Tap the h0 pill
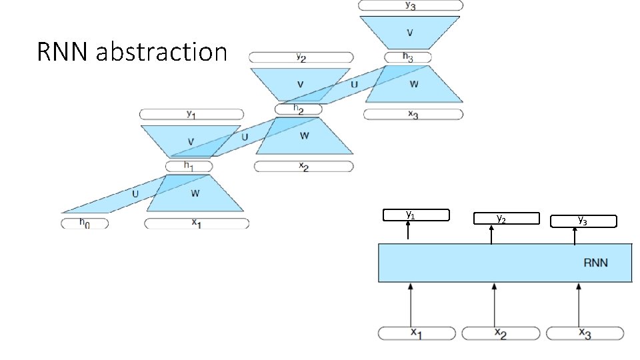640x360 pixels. point(85,223)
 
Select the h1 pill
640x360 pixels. point(189,166)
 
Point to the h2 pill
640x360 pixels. point(298,109)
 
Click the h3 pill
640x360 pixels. point(408,57)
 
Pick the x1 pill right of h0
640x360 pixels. point(197,223)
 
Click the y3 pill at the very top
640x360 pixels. point(411,5)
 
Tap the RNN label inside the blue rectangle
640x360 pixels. point(595,263)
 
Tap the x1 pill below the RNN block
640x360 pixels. point(417,333)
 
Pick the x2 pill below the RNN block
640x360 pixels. point(501,333)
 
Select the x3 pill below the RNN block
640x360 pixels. point(585,333)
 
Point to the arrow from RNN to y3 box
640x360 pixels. point(575,236)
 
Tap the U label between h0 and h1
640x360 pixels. point(135,193)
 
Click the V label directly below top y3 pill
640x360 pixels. point(411,33)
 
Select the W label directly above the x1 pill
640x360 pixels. point(195,193)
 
